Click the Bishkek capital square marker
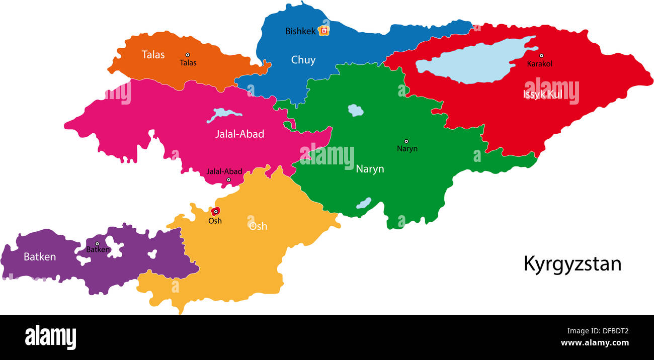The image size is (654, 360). pyautogui.click(x=324, y=31)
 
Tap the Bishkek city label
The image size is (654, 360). pyautogui.click(x=300, y=31)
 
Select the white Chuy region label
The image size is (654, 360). pyautogui.click(x=303, y=60)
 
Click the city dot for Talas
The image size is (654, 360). pyautogui.click(x=188, y=55)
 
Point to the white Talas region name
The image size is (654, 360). pyautogui.click(x=153, y=54)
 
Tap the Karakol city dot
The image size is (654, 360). pyautogui.click(x=541, y=56)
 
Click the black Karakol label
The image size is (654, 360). pyautogui.click(x=539, y=64)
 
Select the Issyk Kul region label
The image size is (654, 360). pyautogui.click(x=543, y=94)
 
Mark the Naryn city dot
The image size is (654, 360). pyautogui.click(x=406, y=141)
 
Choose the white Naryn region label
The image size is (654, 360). pyautogui.click(x=370, y=169)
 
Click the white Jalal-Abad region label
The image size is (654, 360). pyautogui.click(x=239, y=134)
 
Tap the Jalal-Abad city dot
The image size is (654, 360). pyautogui.click(x=228, y=179)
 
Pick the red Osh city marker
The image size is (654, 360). pyautogui.click(x=215, y=212)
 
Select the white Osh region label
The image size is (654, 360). pyautogui.click(x=258, y=226)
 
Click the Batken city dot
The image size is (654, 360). pyautogui.click(x=98, y=244)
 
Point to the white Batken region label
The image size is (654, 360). pyautogui.click(x=40, y=257)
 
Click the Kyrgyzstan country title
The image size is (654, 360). pyautogui.click(x=572, y=264)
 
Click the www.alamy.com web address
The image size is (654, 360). pyautogui.click(x=595, y=343)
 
